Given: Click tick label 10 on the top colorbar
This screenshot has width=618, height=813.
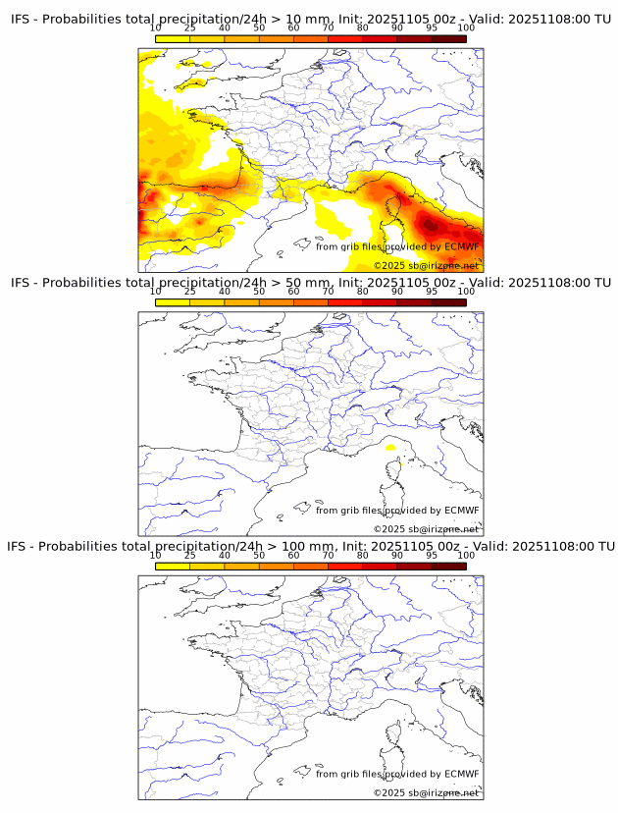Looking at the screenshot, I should coord(155,28).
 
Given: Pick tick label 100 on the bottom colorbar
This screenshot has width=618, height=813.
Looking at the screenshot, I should coord(466,556).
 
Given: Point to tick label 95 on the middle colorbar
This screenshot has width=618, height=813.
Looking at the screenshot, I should coord(432,292).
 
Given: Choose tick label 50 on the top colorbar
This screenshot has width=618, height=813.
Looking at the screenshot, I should coord(259,28).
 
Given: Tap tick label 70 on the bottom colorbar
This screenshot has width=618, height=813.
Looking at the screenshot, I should coord(328,556).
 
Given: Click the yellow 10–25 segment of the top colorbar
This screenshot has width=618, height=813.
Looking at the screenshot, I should coord(173,38).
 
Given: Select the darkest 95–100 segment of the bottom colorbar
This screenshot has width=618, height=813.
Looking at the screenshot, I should coord(448,566).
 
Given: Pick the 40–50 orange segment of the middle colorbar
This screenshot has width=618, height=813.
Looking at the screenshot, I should coord(241,302).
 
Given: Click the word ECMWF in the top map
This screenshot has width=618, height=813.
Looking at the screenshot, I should coord(461,246).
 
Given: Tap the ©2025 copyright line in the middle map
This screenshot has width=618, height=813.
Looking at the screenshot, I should coord(426,529).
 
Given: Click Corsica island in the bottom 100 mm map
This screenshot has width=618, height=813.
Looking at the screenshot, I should coord(396,736).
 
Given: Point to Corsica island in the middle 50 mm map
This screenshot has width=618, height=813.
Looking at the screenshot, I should coord(396,473).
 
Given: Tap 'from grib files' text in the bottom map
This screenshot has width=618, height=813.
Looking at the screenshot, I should coord(345,774).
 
